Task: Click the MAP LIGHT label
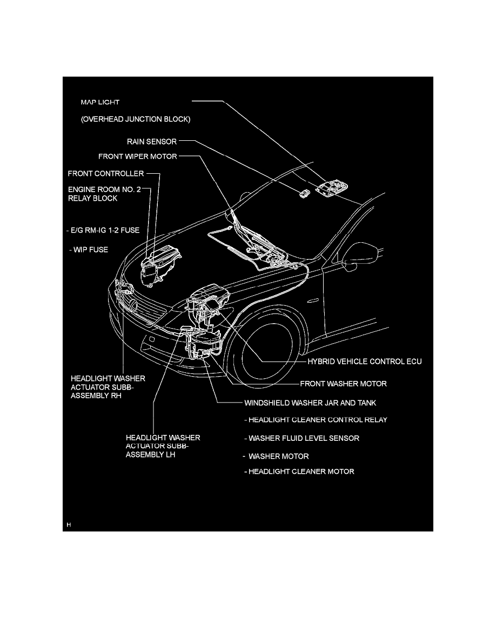point(100,102)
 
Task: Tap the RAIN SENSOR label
point(152,141)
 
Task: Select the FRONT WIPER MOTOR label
point(138,156)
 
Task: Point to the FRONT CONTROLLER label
point(106,173)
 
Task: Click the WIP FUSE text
point(91,250)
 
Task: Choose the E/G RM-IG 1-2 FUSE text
point(105,230)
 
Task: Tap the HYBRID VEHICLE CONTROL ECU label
point(365,362)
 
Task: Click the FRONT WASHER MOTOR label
point(343,384)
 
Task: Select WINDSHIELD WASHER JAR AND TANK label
point(310,403)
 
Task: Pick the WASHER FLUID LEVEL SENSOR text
point(304,438)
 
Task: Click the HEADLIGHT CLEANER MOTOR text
point(301,472)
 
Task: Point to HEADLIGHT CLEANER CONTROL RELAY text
point(318,420)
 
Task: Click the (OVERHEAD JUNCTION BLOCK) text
point(136,119)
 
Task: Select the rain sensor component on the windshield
point(304,194)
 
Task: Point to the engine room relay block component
point(159,265)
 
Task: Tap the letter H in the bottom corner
point(69,524)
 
